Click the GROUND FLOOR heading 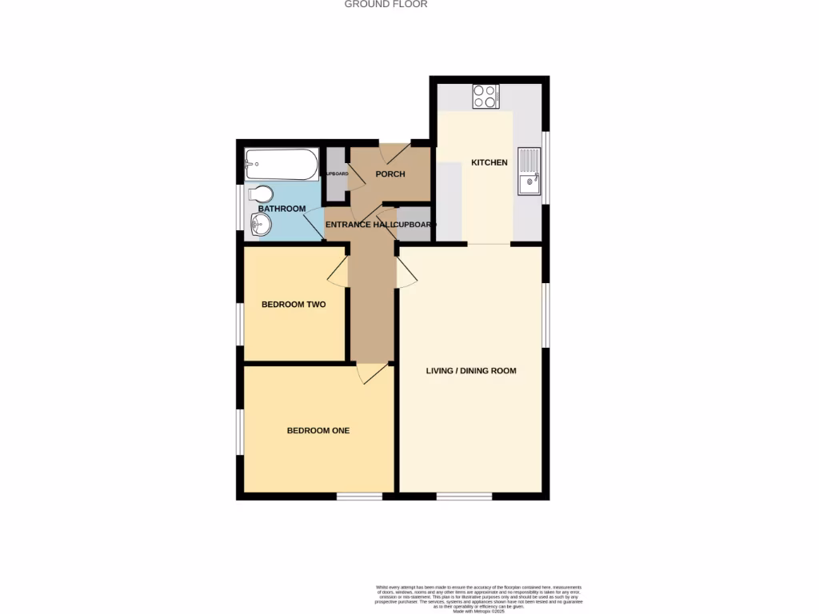(x=386, y=4)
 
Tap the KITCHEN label (x=489, y=163)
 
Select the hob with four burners (x=485, y=97)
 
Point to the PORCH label (x=390, y=174)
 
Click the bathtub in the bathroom (x=282, y=164)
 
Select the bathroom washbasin (x=260, y=225)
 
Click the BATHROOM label (x=282, y=209)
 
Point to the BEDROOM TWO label (x=294, y=305)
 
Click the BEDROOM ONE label (x=318, y=431)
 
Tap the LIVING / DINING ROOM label (x=471, y=371)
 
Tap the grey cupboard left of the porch (x=335, y=173)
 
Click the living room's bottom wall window (x=464, y=497)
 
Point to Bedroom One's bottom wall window (x=358, y=497)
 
